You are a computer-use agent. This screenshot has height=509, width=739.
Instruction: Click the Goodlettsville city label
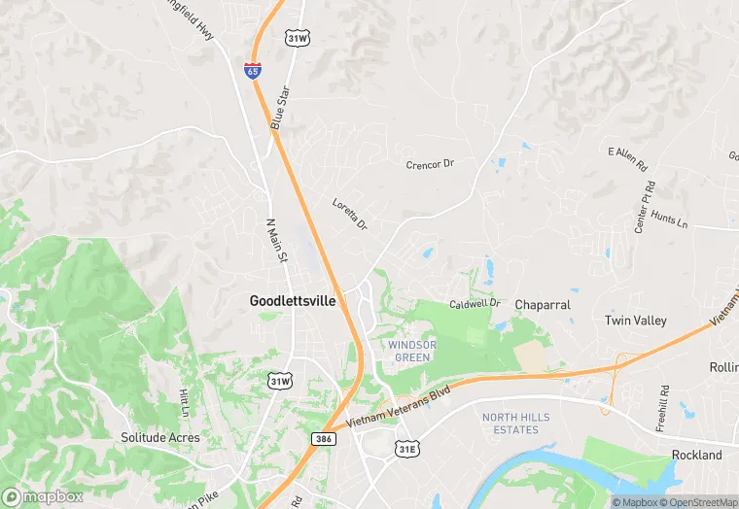point(293,301)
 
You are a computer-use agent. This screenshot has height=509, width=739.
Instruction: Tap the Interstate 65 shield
point(253,71)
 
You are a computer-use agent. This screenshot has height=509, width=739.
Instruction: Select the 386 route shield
point(325,439)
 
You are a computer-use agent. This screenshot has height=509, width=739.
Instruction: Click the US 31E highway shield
point(406,448)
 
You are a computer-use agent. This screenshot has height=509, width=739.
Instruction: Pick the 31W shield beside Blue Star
point(298,38)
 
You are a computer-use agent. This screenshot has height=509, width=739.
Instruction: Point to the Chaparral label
point(542,304)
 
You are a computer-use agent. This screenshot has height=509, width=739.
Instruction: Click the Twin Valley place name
point(635,321)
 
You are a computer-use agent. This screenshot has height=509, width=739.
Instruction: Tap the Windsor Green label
point(411,351)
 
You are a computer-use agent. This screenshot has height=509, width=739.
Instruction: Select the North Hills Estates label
point(510,424)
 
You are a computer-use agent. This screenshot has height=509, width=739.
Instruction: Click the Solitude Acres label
point(160,437)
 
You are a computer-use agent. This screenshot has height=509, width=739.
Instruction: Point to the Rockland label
point(696,455)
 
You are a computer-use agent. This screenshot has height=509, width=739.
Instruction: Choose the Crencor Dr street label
point(430,164)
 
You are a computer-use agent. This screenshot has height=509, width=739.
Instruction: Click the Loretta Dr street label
point(350,214)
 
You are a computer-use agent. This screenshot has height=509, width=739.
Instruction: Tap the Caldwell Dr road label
point(475,304)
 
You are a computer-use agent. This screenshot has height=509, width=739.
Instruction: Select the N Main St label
point(278,240)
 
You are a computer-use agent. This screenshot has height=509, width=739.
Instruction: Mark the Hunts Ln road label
point(669,220)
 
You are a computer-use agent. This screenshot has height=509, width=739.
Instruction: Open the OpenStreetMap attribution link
point(698,502)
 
